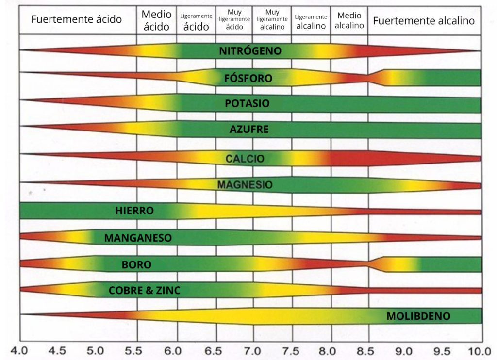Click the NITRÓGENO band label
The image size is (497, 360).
250,51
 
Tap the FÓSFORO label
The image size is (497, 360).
248,78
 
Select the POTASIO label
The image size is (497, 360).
247,104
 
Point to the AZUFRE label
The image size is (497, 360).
249,130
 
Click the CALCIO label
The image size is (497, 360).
245,159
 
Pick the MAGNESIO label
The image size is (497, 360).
245,185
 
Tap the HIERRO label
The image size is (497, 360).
134,211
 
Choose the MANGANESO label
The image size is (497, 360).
138,238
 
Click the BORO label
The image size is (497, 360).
136,265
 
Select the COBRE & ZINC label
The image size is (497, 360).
145,291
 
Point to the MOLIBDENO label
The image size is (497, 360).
418,316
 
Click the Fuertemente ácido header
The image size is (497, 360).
76,20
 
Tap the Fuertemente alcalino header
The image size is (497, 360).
424,21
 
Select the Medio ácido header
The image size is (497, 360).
156,20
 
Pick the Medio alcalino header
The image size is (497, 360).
349,20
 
